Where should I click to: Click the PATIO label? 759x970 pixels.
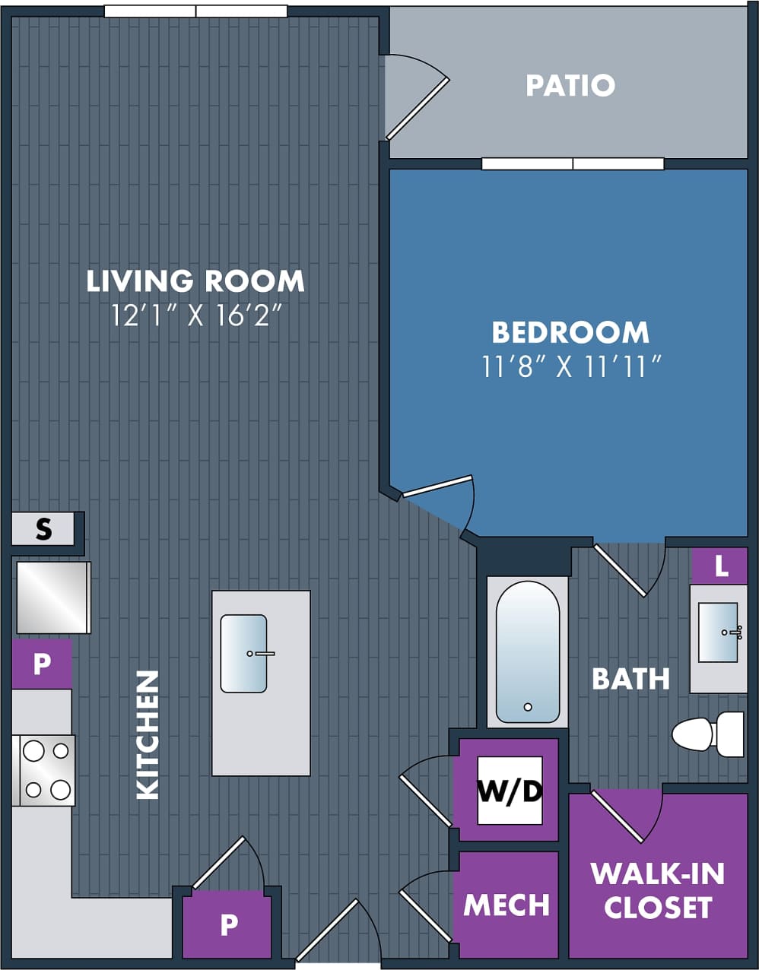(570, 85)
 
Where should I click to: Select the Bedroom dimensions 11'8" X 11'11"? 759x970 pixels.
(570, 366)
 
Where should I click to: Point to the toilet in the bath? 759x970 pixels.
(708, 734)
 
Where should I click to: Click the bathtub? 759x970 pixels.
(528, 652)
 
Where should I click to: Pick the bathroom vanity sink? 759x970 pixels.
(719, 632)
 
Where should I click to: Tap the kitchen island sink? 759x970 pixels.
(244, 654)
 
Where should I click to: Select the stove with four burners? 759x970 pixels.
(44, 770)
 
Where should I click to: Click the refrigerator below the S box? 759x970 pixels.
(52, 598)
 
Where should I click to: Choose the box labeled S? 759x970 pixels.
(43, 528)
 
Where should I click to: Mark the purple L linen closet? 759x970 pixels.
(719, 566)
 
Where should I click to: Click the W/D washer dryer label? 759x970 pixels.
(510, 791)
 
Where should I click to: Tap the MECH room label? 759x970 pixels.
(507, 905)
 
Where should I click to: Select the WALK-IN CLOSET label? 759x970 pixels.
(658, 890)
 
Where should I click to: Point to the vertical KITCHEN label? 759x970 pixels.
(148, 734)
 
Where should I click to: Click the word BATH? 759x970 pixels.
(630, 678)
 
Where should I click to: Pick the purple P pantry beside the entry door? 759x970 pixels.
(228, 924)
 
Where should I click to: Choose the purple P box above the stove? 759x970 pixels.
(42, 664)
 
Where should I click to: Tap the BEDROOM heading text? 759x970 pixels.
(570, 332)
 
